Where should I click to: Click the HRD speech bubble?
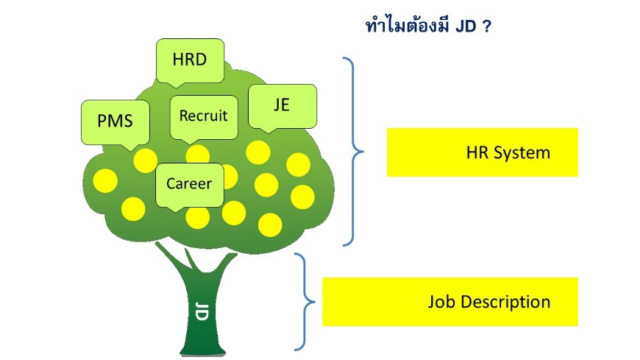190,60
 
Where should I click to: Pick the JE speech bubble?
282,106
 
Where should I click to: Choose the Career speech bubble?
189,184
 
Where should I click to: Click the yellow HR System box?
482,152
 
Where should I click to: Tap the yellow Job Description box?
450,302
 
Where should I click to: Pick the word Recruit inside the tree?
204,116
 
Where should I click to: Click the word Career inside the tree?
189,184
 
